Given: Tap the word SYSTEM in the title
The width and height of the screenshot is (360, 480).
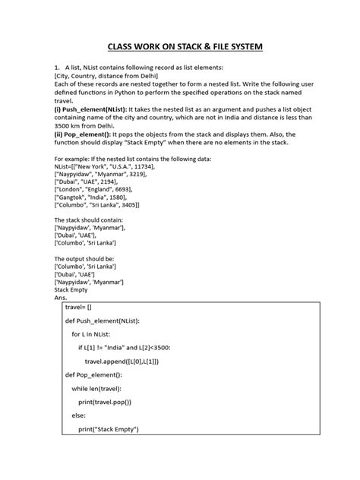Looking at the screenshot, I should (x=244, y=47).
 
